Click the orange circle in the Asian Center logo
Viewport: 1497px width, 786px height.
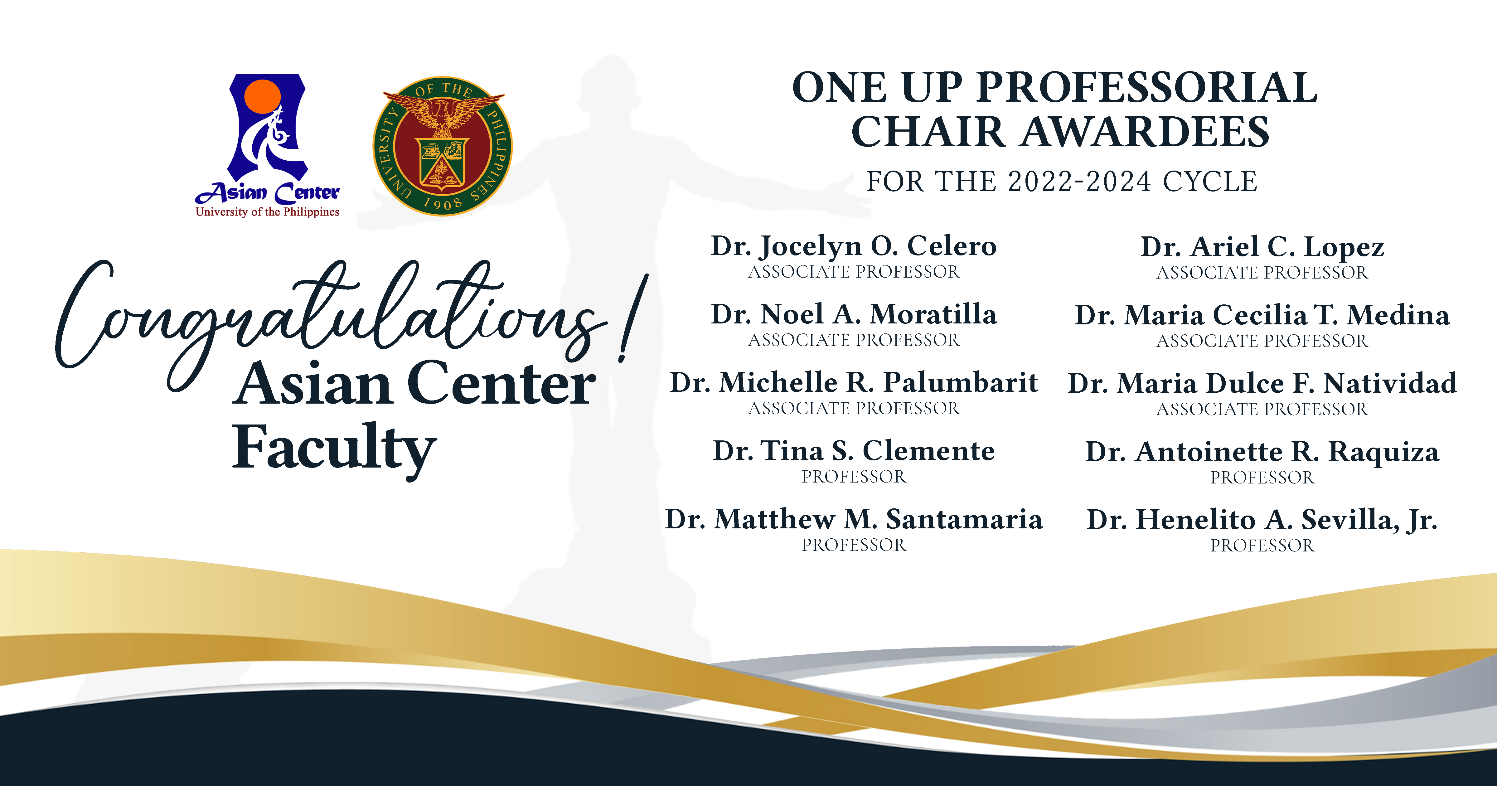pyautogui.click(x=263, y=96)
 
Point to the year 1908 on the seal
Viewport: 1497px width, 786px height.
pyautogui.click(x=443, y=203)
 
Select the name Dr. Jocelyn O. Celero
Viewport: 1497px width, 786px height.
pyautogui.click(x=854, y=246)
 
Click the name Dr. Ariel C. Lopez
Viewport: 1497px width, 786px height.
pyautogui.click(x=1262, y=247)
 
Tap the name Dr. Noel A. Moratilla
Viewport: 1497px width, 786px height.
pyautogui.click(x=854, y=314)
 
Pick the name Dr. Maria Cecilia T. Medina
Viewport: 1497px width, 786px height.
pyautogui.click(x=1262, y=315)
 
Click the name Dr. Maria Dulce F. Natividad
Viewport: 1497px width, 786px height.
pyautogui.click(x=1262, y=384)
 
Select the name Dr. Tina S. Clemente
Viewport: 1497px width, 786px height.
pyautogui.click(x=854, y=451)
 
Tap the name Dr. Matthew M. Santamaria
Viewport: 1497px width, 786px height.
pyautogui.click(x=854, y=519)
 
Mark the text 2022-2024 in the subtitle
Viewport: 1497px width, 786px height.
pyautogui.click(x=1079, y=182)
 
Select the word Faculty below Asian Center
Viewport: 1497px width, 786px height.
pyautogui.click(x=334, y=448)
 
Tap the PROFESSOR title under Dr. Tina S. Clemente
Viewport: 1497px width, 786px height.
pyautogui.click(x=854, y=477)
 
